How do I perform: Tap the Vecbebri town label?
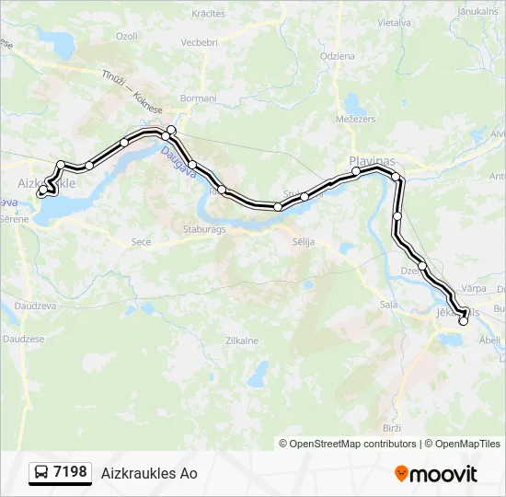pos(199,42)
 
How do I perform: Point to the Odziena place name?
pos(337,56)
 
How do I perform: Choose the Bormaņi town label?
pos(198,98)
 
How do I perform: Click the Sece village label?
pos(142,241)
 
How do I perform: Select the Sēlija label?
pos(303,241)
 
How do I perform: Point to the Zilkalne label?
pos(242,340)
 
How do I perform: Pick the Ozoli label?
pos(126,36)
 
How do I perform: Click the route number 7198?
pos(71,472)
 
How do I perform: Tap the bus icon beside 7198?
pos(41,473)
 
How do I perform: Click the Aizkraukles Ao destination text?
pos(149,473)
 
